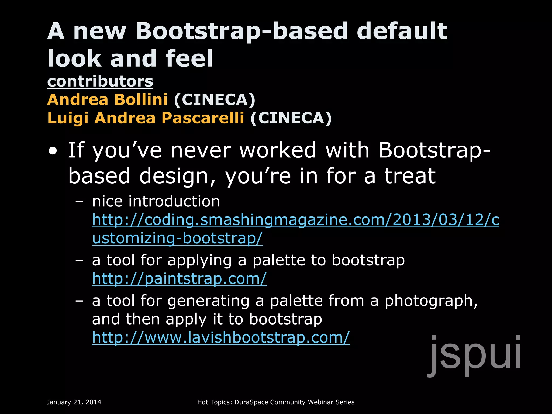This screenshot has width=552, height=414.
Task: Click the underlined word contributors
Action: [x=100, y=81]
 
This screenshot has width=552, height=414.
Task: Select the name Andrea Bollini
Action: [x=107, y=100]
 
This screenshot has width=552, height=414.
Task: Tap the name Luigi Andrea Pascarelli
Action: [x=146, y=118]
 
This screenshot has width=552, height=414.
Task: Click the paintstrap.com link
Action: [x=179, y=279]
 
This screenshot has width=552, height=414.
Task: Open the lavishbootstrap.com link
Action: [x=221, y=337]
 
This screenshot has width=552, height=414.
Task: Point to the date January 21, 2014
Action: [x=74, y=402]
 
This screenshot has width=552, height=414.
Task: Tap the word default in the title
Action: [x=402, y=31]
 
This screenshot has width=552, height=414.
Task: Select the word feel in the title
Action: [x=189, y=58]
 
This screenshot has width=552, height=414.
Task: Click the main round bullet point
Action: [x=53, y=151]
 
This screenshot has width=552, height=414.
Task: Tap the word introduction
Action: [x=174, y=202]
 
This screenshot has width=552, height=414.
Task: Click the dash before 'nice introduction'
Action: [x=80, y=202]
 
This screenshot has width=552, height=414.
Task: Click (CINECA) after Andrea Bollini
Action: [x=215, y=100]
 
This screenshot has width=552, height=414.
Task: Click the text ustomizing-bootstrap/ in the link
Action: [x=177, y=239]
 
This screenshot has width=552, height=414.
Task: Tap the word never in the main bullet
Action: [x=201, y=150]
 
